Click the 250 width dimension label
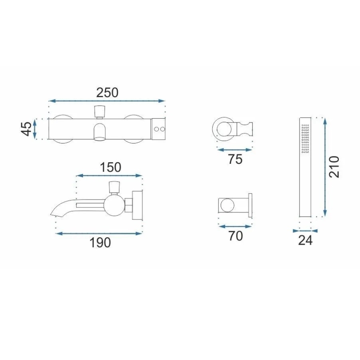tap(107, 93)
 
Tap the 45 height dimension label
tap(27, 129)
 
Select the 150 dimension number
tap(110, 167)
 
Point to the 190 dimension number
tap(100, 243)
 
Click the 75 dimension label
tap(235, 159)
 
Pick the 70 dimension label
tap(236, 236)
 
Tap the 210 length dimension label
tap(334, 167)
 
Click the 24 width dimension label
tap(305, 241)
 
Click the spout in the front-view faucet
tap(100, 132)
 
